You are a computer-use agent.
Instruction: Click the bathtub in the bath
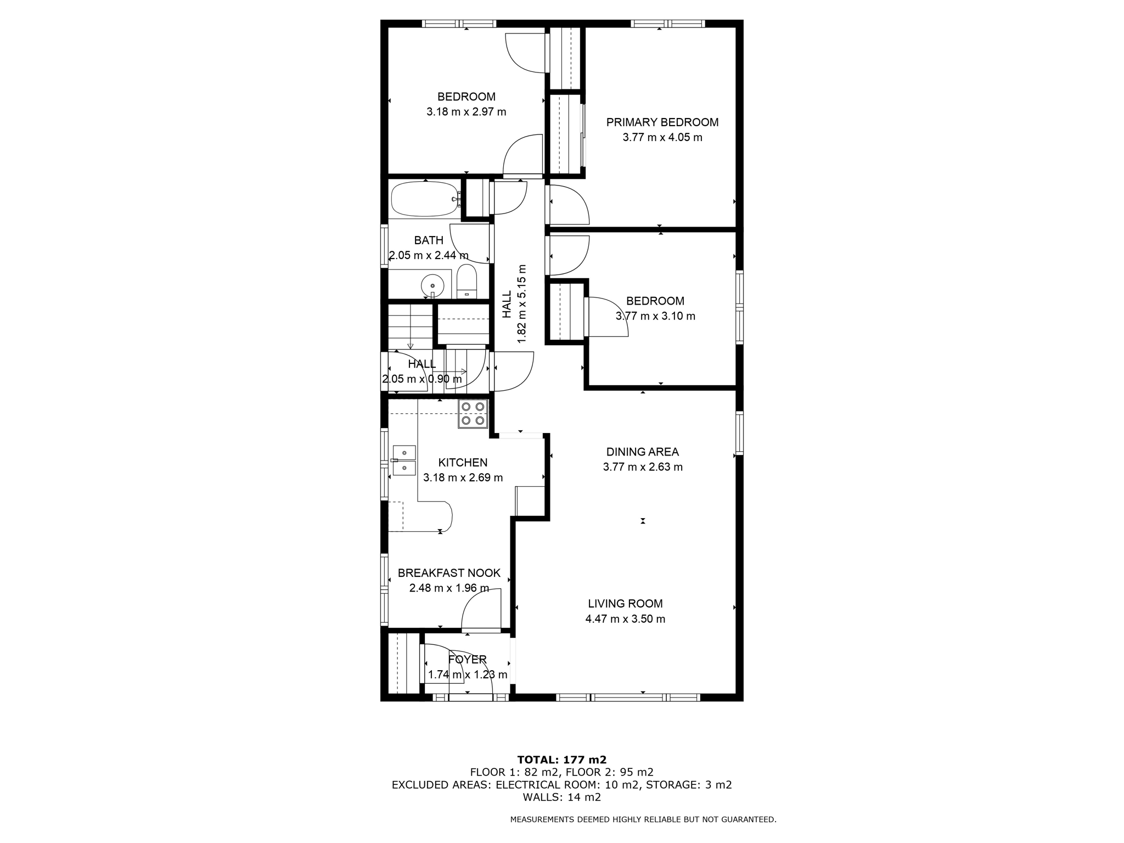423,199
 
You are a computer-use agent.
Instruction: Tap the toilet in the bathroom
467,282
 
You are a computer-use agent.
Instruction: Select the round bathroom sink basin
432,286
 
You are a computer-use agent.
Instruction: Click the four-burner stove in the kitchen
473,414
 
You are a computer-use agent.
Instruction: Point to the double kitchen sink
404,460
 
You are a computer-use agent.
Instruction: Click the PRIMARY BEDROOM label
662,122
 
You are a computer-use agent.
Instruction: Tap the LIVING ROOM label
625,604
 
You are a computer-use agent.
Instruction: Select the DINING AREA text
642,452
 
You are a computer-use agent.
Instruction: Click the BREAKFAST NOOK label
449,573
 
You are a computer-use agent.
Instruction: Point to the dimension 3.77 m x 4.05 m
662,137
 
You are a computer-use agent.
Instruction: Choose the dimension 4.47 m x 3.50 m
625,619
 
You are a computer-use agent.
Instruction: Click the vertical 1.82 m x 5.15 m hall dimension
521,304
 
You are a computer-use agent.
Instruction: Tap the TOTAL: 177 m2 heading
561,760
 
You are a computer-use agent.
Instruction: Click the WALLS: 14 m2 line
561,797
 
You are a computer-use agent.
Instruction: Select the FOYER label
467,659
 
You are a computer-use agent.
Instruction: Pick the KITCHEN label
463,463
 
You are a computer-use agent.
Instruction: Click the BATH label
429,240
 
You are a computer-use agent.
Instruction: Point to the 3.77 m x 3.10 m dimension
655,316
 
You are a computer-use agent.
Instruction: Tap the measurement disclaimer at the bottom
643,819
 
